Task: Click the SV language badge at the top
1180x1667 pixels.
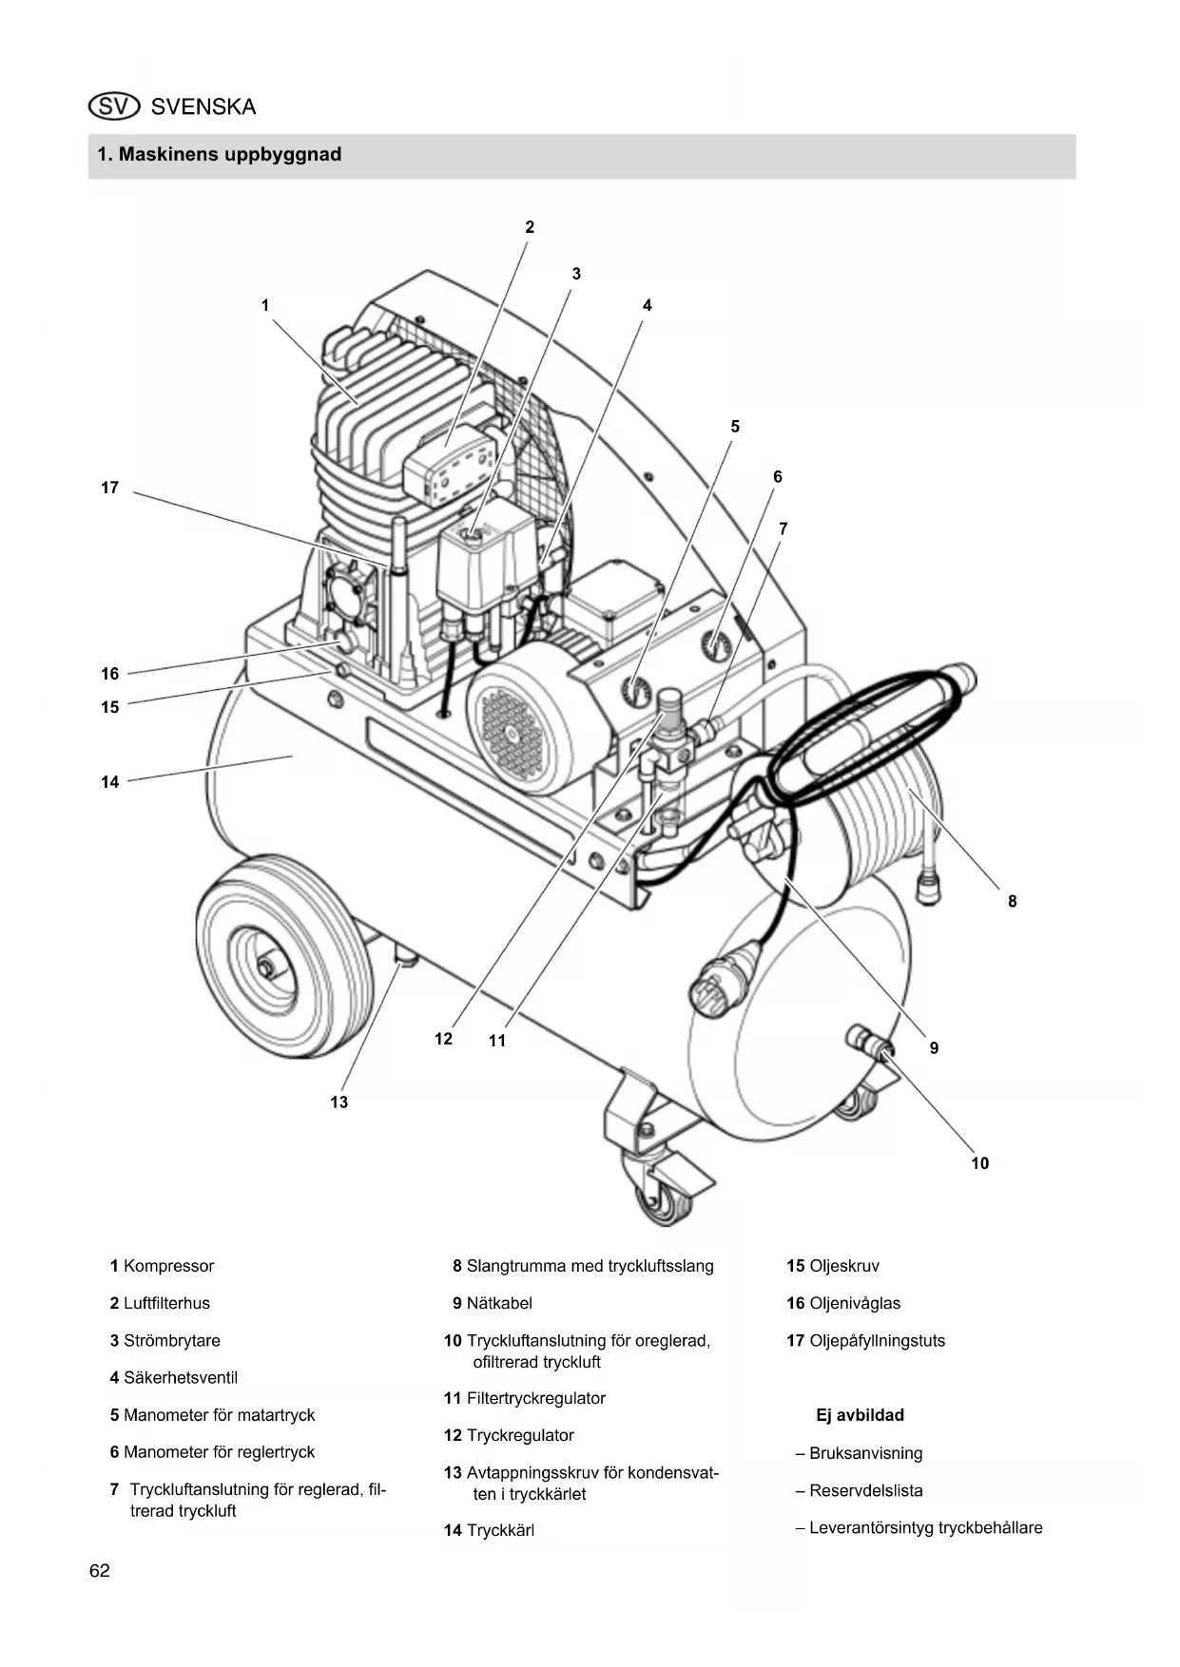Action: [113, 106]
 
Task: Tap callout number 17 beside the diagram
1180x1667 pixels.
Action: [110, 488]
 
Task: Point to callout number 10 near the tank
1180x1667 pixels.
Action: [979, 1163]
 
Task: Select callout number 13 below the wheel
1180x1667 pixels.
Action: [339, 1102]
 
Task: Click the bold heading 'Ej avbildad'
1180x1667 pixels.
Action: [860, 1415]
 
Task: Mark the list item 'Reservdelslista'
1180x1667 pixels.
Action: [866, 1490]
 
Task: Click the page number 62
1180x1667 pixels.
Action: [100, 1571]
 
